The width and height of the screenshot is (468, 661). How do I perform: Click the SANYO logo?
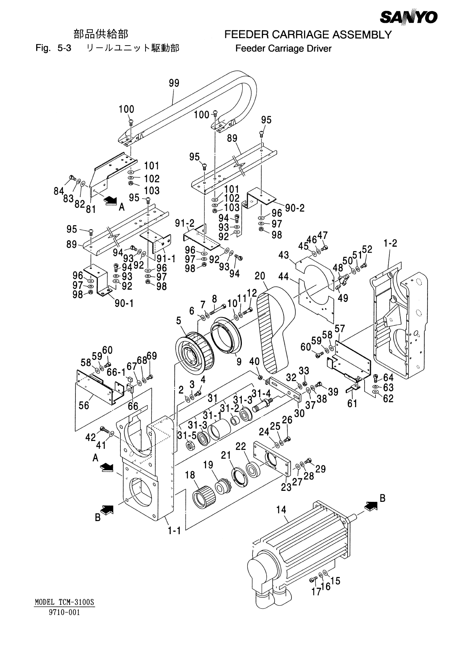(x=409, y=17)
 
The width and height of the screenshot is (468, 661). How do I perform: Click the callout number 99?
(x=174, y=83)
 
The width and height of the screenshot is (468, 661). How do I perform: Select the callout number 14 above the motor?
(x=282, y=510)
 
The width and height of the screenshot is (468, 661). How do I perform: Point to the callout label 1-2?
(x=391, y=243)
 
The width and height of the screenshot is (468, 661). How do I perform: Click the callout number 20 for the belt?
(x=260, y=276)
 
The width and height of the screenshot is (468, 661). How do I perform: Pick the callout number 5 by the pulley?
(x=179, y=320)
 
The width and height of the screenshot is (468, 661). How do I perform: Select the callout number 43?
(x=284, y=255)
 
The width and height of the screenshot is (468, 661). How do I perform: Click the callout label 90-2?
(x=295, y=208)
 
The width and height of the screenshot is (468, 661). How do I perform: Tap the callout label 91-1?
(x=166, y=259)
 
